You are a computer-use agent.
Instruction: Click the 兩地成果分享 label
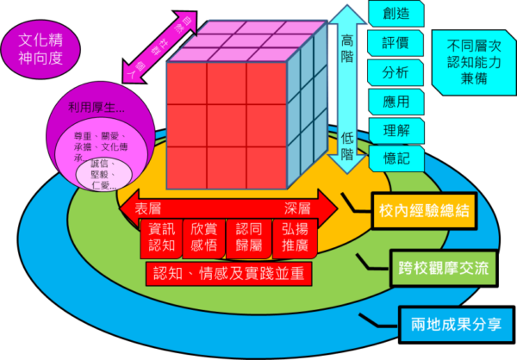point(458,326)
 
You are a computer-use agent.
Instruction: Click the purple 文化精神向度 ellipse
point(42,51)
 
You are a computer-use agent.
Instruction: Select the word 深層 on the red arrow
point(298,208)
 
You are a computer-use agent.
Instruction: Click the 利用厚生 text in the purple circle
point(97,108)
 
